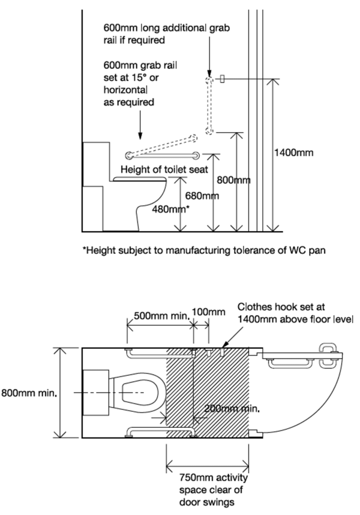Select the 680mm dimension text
click(x=202, y=196)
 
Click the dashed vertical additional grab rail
click(x=209, y=106)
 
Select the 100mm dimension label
click(x=208, y=312)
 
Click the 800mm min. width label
click(x=29, y=394)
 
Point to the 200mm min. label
click(x=230, y=409)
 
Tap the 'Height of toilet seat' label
click(x=164, y=170)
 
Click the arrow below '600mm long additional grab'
click(x=209, y=62)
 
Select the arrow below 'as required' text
click(x=139, y=124)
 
